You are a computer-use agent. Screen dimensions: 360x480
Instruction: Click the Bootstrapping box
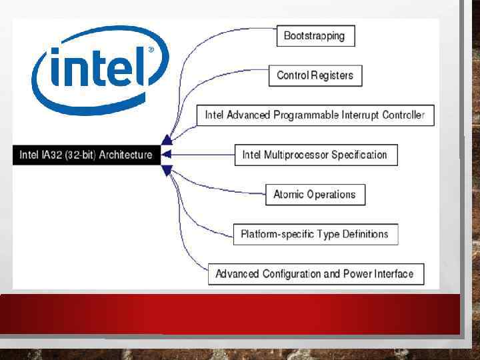(315, 36)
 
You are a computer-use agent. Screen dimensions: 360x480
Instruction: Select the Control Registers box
(315, 75)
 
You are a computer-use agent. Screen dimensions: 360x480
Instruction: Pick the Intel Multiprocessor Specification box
(315, 155)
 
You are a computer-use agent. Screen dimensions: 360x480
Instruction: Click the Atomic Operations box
(315, 195)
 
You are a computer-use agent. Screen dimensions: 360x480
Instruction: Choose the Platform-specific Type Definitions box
(315, 234)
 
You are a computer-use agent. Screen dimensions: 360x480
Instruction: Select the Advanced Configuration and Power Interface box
(315, 274)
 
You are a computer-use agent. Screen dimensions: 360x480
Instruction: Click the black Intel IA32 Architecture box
(86, 155)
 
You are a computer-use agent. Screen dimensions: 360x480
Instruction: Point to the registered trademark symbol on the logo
(151, 50)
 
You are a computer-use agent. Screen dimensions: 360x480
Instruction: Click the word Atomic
(289, 195)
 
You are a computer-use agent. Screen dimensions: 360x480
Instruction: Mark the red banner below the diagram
(230, 313)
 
